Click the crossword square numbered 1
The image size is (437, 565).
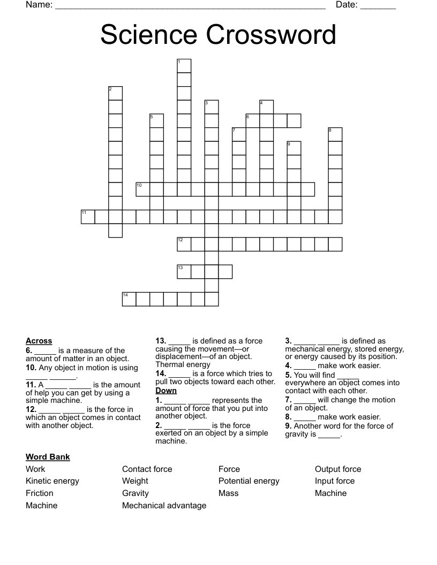(x=184, y=66)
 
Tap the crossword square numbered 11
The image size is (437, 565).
(x=88, y=217)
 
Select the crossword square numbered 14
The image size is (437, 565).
(x=129, y=299)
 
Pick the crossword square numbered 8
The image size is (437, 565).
(x=335, y=134)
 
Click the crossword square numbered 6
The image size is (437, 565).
(x=253, y=120)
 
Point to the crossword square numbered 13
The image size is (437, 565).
(x=184, y=272)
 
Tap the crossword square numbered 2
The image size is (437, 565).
(x=116, y=93)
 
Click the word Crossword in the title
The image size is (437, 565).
(x=270, y=35)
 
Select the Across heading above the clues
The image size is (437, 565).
(x=39, y=341)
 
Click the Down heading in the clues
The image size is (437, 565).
(x=166, y=391)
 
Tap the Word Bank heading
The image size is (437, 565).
(x=48, y=457)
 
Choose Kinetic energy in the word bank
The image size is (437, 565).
(x=52, y=481)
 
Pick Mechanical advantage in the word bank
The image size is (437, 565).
(x=164, y=506)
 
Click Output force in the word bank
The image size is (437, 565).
(x=338, y=469)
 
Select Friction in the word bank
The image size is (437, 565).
(x=40, y=493)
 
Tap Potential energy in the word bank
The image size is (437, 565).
(x=248, y=481)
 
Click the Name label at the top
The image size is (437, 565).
(x=39, y=5)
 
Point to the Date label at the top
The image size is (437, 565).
(x=346, y=5)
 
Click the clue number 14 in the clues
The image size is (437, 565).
(x=161, y=373)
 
